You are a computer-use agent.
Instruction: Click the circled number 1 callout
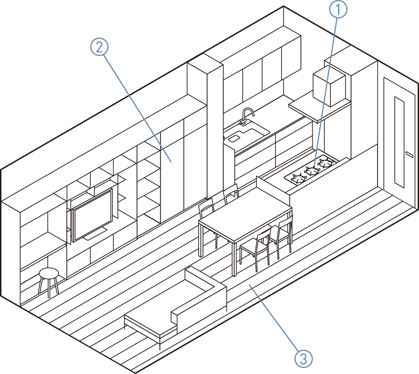[x=338, y=9]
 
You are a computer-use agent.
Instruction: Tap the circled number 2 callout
[x=99, y=47]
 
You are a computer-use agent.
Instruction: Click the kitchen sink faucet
[x=247, y=114]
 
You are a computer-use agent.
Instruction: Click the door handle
[x=409, y=155]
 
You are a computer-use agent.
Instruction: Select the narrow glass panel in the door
[x=399, y=142]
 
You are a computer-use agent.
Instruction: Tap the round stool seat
[x=49, y=272]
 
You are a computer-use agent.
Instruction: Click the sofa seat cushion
[x=154, y=322]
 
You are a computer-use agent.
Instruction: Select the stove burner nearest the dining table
[x=298, y=178]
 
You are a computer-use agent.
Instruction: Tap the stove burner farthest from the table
[x=326, y=163]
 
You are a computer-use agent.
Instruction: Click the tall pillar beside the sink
[x=214, y=130]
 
